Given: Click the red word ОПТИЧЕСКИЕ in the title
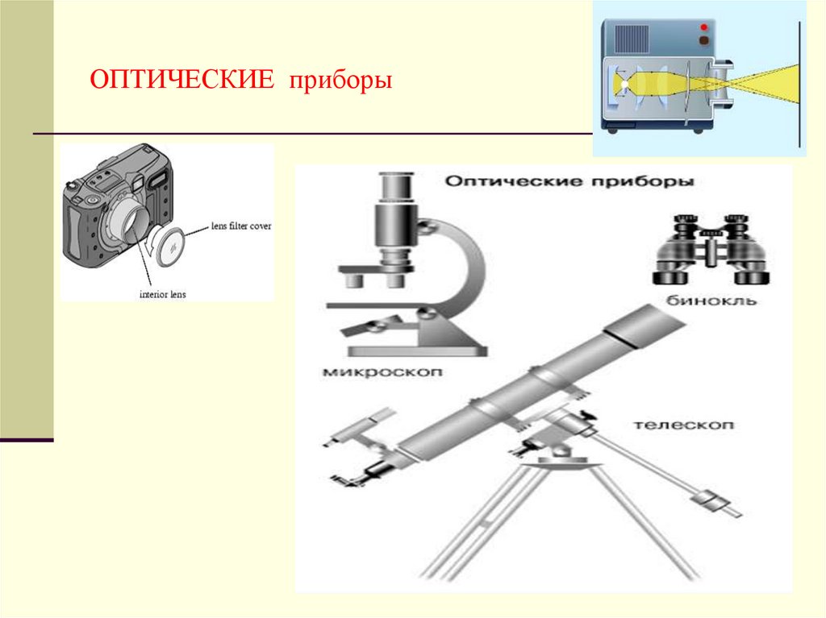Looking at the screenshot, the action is click(x=181, y=80).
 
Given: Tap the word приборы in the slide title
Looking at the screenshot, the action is click(x=340, y=81).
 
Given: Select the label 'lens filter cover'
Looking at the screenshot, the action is click(x=240, y=226).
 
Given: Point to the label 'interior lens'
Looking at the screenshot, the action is click(x=162, y=294).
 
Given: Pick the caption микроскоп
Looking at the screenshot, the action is click(x=382, y=372).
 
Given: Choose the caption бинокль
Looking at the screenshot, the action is click(x=711, y=301).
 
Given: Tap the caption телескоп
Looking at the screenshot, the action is click(x=683, y=425).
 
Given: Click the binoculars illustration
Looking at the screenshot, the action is click(x=711, y=249).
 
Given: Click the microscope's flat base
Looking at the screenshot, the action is click(x=417, y=350).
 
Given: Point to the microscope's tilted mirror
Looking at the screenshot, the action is click(x=369, y=326).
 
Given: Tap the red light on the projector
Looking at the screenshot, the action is click(x=703, y=27).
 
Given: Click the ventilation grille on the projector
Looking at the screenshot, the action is click(x=632, y=39).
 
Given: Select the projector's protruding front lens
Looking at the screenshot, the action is click(x=719, y=85).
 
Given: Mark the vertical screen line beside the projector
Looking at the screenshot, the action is click(x=799, y=85).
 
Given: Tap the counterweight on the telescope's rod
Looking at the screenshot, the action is click(x=708, y=500).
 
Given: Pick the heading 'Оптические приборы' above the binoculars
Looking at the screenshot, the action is click(x=569, y=181).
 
